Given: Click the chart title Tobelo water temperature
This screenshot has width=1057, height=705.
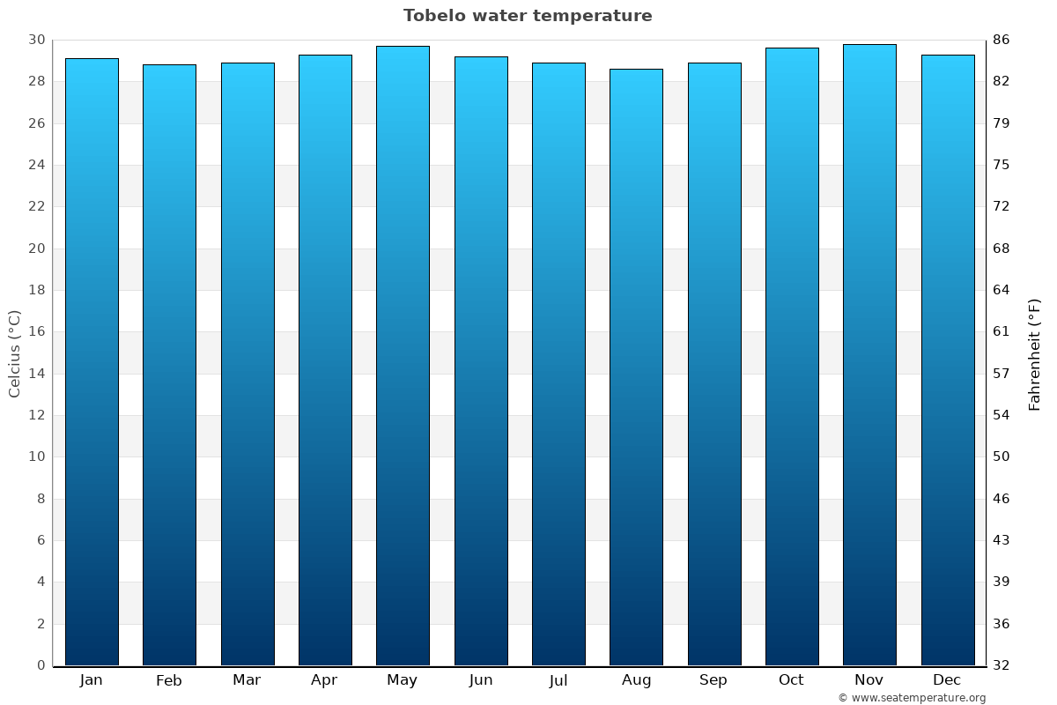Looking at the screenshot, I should [x=528, y=16].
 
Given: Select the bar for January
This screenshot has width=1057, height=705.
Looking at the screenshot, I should [x=92, y=361].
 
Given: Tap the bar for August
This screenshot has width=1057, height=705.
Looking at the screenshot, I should [x=636, y=367].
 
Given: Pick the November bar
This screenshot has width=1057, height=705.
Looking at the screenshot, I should [x=869, y=354].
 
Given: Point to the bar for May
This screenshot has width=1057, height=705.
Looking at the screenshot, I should [x=403, y=355].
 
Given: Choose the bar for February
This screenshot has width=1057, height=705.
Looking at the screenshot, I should [x=169, y=365].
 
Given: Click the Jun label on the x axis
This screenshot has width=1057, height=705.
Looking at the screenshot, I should [x=481, y=680].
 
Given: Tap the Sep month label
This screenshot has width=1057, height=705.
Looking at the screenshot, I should [x=713, y=680].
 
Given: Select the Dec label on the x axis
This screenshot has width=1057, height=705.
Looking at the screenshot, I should [x=947, y=680].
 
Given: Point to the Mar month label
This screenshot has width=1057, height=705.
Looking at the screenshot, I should [x=247, y=680].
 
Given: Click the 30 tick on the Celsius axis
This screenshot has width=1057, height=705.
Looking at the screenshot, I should [x=36, y=41].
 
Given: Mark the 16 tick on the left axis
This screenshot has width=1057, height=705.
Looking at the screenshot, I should [x=36, y=332].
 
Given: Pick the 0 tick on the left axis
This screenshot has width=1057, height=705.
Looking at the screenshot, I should [x=41, y=665].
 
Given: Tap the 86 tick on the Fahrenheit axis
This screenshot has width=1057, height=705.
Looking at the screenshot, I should [x=1002, y=41].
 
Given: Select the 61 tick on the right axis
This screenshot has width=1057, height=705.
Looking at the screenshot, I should [x=1002, y=332].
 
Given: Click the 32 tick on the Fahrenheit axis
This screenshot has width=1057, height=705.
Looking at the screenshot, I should [x=1002, y=665].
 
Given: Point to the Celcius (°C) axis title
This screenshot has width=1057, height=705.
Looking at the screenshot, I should [x=15, y=353].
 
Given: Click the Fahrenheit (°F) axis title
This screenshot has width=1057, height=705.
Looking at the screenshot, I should [x=1035, y=353].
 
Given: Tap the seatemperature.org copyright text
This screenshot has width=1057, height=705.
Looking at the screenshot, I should [x=912, y=698].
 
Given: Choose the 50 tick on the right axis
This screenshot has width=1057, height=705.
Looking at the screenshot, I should [x=1002, y=456].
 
